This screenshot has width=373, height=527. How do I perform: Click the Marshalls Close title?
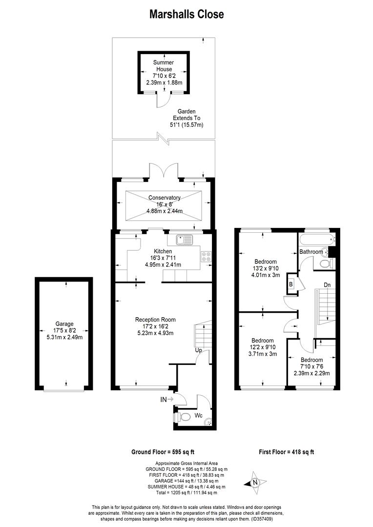coord(186,14)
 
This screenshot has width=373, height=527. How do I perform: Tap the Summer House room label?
coord(164,65)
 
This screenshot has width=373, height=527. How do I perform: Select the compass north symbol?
coord(255,482)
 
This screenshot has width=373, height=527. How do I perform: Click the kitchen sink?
coord(184,240)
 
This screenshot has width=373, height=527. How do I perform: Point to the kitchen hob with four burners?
coord(206,257)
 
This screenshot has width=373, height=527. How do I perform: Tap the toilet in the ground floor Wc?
coord(183,417)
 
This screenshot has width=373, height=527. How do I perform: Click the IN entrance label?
coord(163,400)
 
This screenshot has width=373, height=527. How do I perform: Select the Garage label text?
coord(64,324)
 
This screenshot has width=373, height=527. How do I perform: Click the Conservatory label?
coord(165,198)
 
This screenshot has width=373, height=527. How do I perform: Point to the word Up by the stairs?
coord(198,350)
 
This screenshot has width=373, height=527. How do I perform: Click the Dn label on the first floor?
coord(327,285)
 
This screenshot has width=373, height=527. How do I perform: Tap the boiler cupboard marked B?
coord(291,284)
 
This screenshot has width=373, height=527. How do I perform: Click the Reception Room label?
coord(155,320)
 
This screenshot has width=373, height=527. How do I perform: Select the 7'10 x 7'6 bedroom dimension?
coord(312,366)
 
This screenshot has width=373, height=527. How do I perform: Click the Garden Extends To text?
coord(186,115)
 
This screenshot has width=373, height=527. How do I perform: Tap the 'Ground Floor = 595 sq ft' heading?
coord(163,452)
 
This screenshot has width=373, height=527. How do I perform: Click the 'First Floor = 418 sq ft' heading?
coord(286,452)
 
